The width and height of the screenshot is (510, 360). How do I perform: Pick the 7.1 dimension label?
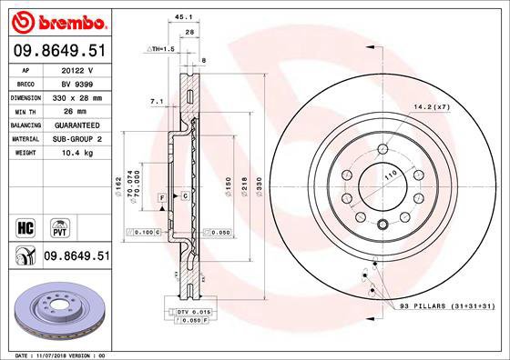pos(155,102)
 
